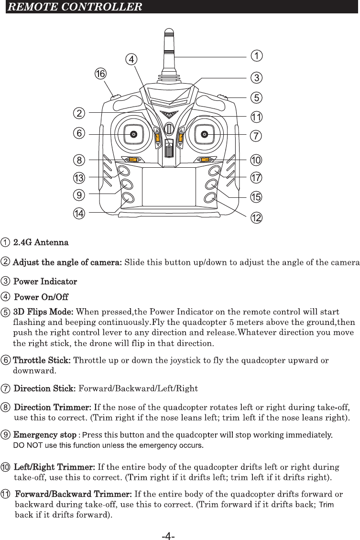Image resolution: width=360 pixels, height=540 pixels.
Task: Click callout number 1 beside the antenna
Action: coord(257,56)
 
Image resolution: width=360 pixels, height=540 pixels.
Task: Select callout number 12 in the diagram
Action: coord(257,218)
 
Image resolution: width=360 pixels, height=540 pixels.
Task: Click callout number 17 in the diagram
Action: coord(257,178)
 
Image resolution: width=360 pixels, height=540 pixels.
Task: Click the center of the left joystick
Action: coord(134,134)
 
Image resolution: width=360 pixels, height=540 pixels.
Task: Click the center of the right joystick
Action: coord(205,134)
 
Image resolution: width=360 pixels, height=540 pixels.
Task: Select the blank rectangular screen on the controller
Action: coord(169,186)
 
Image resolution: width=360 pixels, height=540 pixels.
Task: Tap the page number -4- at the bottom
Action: coord(168,537)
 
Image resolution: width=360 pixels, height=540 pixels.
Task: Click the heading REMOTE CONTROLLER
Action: coord(76,7)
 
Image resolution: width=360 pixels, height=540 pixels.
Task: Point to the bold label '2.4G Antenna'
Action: coord(41,242)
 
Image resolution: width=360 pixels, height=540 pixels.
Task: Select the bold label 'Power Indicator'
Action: coord(45,281)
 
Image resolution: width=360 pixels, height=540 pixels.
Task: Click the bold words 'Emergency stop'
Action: coord(45,435)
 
